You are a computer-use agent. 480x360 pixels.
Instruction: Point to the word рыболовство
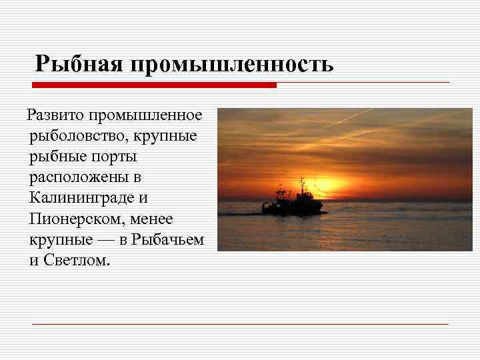point(71,137)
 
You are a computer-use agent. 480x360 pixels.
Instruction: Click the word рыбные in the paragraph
point(56,157)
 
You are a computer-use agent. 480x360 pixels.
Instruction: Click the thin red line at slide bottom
point(240,324)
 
